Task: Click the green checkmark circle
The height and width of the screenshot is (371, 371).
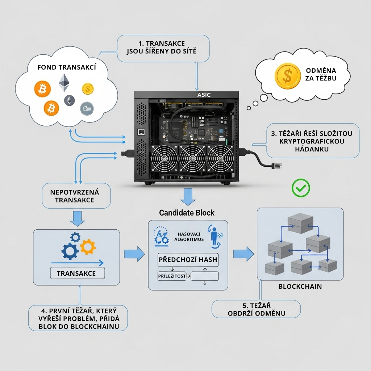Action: (x=301, y=188)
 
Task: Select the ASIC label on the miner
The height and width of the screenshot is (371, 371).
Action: (x=204, y=95)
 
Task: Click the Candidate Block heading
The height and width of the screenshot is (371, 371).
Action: (x=187, y=213)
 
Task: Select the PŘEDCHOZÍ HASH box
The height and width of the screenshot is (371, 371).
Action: (x=188, y=260)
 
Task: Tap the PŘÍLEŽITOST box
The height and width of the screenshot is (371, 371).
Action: (x=172, y=276)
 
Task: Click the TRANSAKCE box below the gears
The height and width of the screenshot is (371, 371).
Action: (x=76, y=273)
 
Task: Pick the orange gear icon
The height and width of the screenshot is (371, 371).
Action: (x=87, y=247)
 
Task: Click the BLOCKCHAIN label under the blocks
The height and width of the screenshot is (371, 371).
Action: (x=300, y=287)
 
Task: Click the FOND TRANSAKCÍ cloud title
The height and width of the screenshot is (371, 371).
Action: (x=67, y=67)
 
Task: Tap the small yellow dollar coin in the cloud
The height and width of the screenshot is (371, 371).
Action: (x=88, y=88)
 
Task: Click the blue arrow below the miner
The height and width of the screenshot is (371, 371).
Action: (x=188, y=197)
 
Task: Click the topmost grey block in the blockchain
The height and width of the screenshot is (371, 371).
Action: (x=300, y=221)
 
